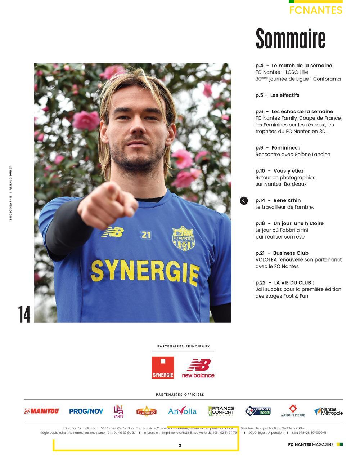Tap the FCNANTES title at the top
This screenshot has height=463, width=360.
pos(316,10)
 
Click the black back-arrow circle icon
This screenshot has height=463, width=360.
pos(244,201)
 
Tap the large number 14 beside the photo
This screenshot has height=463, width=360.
pos(24,314)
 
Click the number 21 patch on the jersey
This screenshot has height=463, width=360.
pos(146,235)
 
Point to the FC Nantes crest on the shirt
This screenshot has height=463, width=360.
pos(183,238)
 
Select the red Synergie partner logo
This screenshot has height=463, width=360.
pos(163,368)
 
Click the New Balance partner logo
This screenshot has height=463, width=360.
pos(198,368)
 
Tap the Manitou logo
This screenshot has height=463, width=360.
pos(41,411)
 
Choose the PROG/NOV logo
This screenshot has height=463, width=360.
pos(86,411)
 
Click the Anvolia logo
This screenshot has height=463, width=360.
pos(182,411)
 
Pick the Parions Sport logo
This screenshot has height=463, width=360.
pos(258,411)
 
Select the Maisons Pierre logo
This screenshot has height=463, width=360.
pos(293,411)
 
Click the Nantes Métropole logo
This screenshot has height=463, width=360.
pos(328,411)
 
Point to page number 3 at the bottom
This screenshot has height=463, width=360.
pos(180,445)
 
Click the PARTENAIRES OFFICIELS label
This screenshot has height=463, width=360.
pos(180,395)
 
